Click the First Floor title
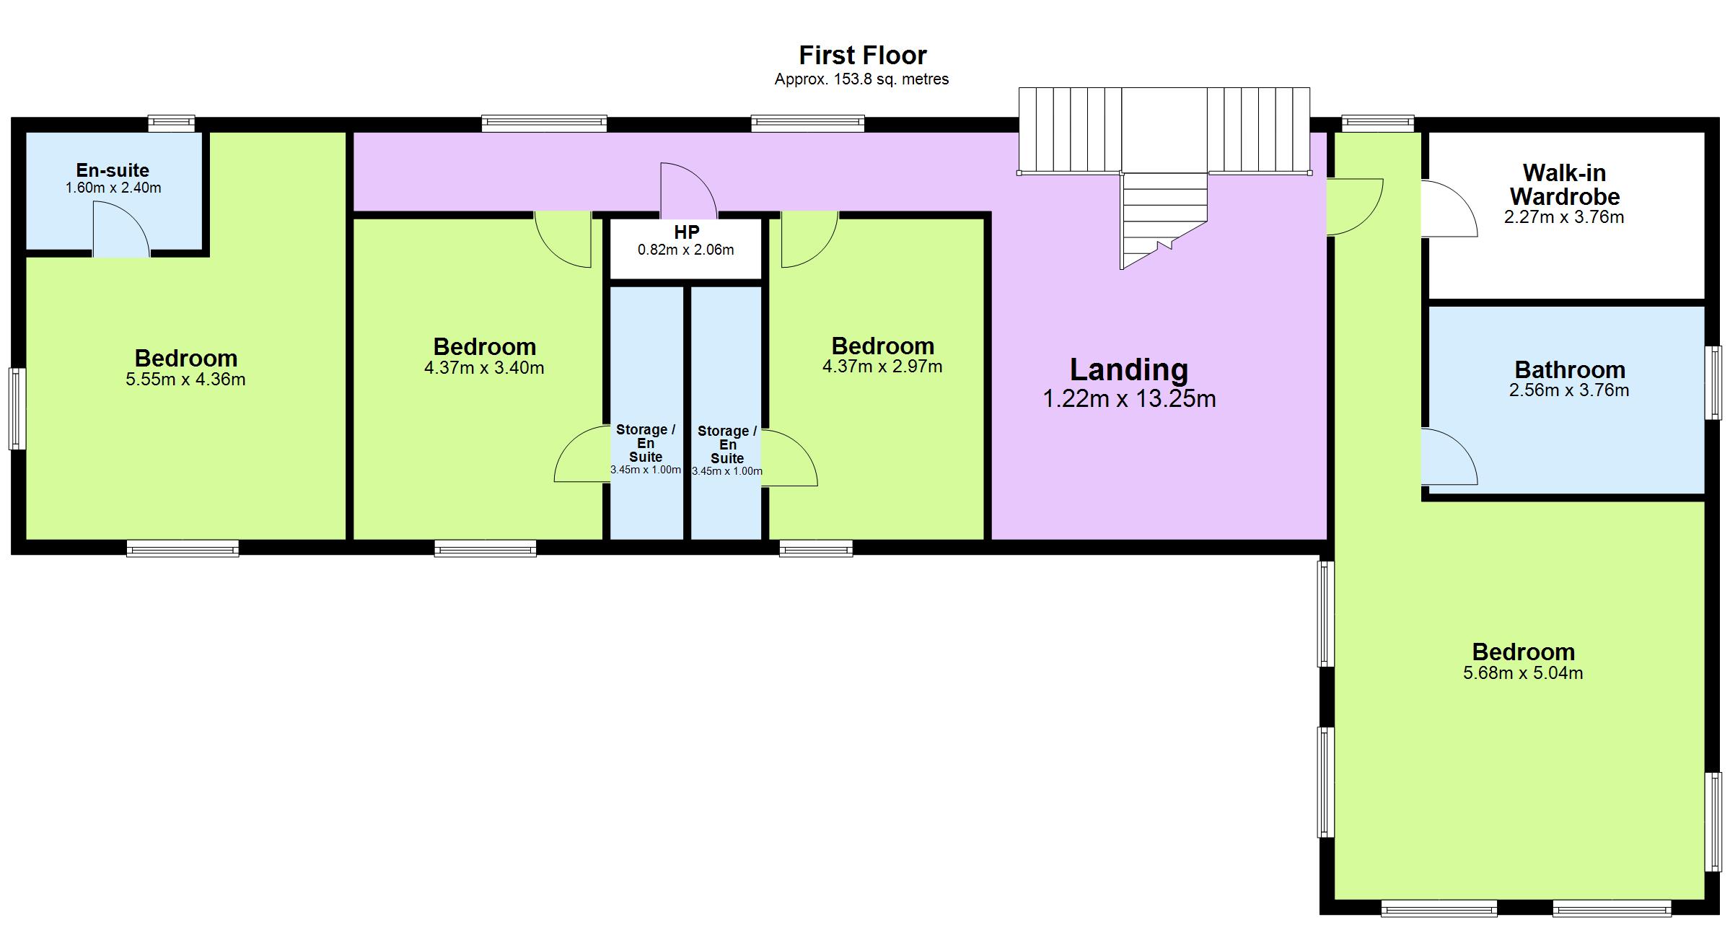[862, 56]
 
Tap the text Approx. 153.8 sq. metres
[861, 79]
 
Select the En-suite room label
[113, 170]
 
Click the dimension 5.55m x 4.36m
[185, 380]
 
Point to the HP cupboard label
[686, 232]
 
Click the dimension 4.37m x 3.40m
[484, 368]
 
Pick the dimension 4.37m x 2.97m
[882, 367]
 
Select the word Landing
[1128, 369]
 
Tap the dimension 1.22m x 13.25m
[1129, 399]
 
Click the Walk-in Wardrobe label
[1564, 185]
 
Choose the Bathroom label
[1569, 370]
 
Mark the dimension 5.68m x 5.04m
[1522, 673]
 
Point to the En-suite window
[172, 123]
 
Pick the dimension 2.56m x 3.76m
[1568, 390]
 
